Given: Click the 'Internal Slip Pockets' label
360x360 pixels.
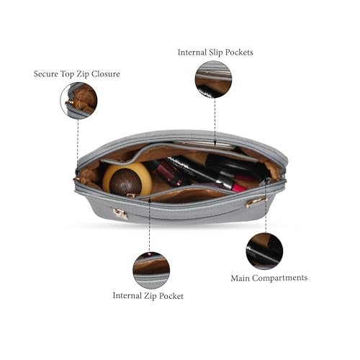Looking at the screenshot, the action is (x=215, y=53).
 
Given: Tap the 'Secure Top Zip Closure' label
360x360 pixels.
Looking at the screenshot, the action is (x=77, y=74).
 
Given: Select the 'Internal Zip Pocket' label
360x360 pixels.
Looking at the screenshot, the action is (x=148, y=296).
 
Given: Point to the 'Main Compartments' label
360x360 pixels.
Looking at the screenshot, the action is (x=269, y=278).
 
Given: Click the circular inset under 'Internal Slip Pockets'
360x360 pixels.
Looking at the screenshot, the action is (x=213, y=79).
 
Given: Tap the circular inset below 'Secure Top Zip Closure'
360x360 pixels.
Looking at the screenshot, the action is (x=78, y=101).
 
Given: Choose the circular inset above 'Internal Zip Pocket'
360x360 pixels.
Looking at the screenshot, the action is (x=151, y=270).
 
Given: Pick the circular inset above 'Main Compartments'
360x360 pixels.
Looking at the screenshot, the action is (x=264, y=251).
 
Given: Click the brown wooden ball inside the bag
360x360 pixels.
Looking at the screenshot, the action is (x=125, y=181).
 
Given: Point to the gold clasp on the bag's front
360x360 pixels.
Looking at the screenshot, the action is (x=120, y=214).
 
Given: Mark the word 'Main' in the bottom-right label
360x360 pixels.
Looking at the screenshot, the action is (x=240, y=278).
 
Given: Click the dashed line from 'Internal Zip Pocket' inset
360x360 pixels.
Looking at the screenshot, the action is (x=149, y=225).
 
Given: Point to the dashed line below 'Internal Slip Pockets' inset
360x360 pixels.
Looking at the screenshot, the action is (x=215, y=122).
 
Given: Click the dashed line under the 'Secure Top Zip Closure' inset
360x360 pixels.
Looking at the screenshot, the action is (x=78, y=143).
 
